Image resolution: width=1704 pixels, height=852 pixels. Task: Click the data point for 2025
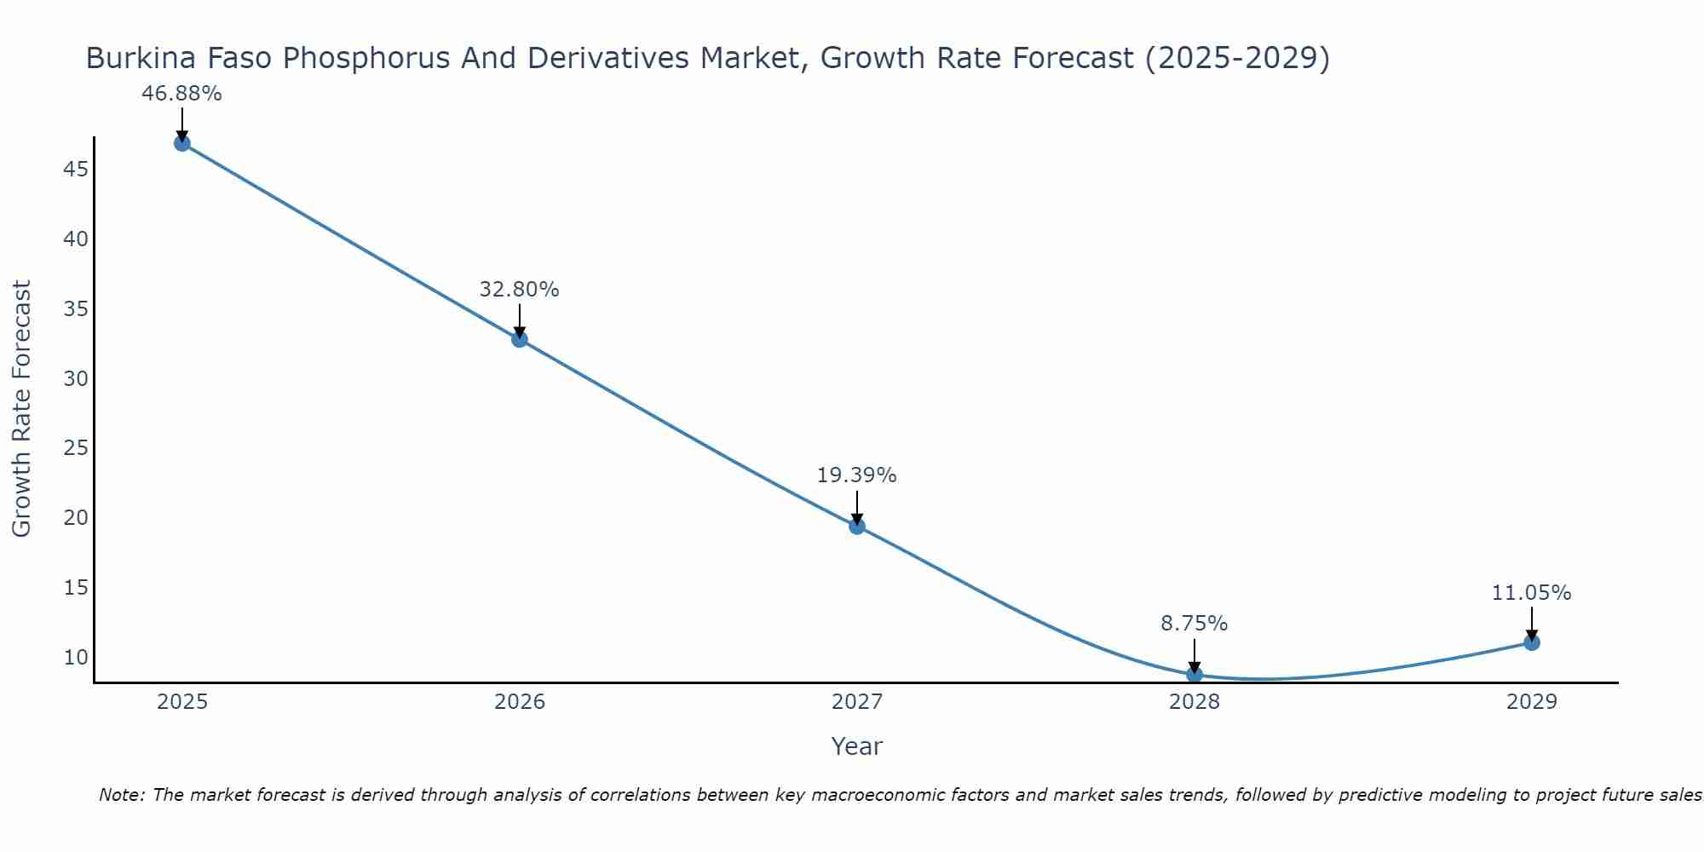181,143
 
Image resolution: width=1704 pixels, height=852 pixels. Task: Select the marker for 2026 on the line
520,339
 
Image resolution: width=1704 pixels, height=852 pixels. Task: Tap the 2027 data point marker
857,526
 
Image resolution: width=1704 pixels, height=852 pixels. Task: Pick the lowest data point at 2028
1195,674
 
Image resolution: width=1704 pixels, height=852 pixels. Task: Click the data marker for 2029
1532,642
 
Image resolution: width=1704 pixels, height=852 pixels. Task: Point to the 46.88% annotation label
181,94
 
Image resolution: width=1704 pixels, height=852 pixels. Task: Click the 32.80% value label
519,290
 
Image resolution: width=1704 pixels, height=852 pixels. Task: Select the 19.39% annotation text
856,475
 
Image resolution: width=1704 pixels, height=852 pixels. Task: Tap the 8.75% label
1195,624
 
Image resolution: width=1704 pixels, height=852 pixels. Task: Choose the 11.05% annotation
1531,593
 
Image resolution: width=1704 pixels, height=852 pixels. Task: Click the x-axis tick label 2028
1195,702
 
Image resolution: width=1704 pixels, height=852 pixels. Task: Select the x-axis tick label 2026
520,702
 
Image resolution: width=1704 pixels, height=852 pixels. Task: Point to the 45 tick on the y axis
76,170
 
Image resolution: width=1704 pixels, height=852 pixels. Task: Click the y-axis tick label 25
76,448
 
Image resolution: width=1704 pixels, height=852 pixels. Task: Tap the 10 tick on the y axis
76,657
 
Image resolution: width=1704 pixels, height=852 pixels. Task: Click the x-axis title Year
856,746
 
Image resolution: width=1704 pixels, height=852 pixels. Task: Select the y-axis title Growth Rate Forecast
21,408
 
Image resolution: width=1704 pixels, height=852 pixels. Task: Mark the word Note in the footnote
122,795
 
